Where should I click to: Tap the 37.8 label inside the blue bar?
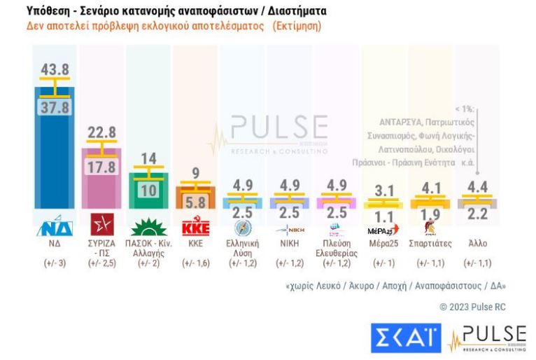(54, 107)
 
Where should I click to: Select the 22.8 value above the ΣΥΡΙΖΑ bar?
(102, 133)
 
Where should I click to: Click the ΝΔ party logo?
(54, 228)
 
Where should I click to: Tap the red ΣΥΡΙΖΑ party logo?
(101, 228)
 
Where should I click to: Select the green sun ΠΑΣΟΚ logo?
(148, 228)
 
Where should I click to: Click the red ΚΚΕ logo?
(196, 228)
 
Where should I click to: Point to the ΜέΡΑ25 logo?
(382, 230)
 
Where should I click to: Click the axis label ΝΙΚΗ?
(290, 244)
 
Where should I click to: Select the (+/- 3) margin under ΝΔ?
(54, 263)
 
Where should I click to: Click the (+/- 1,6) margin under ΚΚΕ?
(196, 263)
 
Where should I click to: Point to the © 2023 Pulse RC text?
(472, 307)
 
